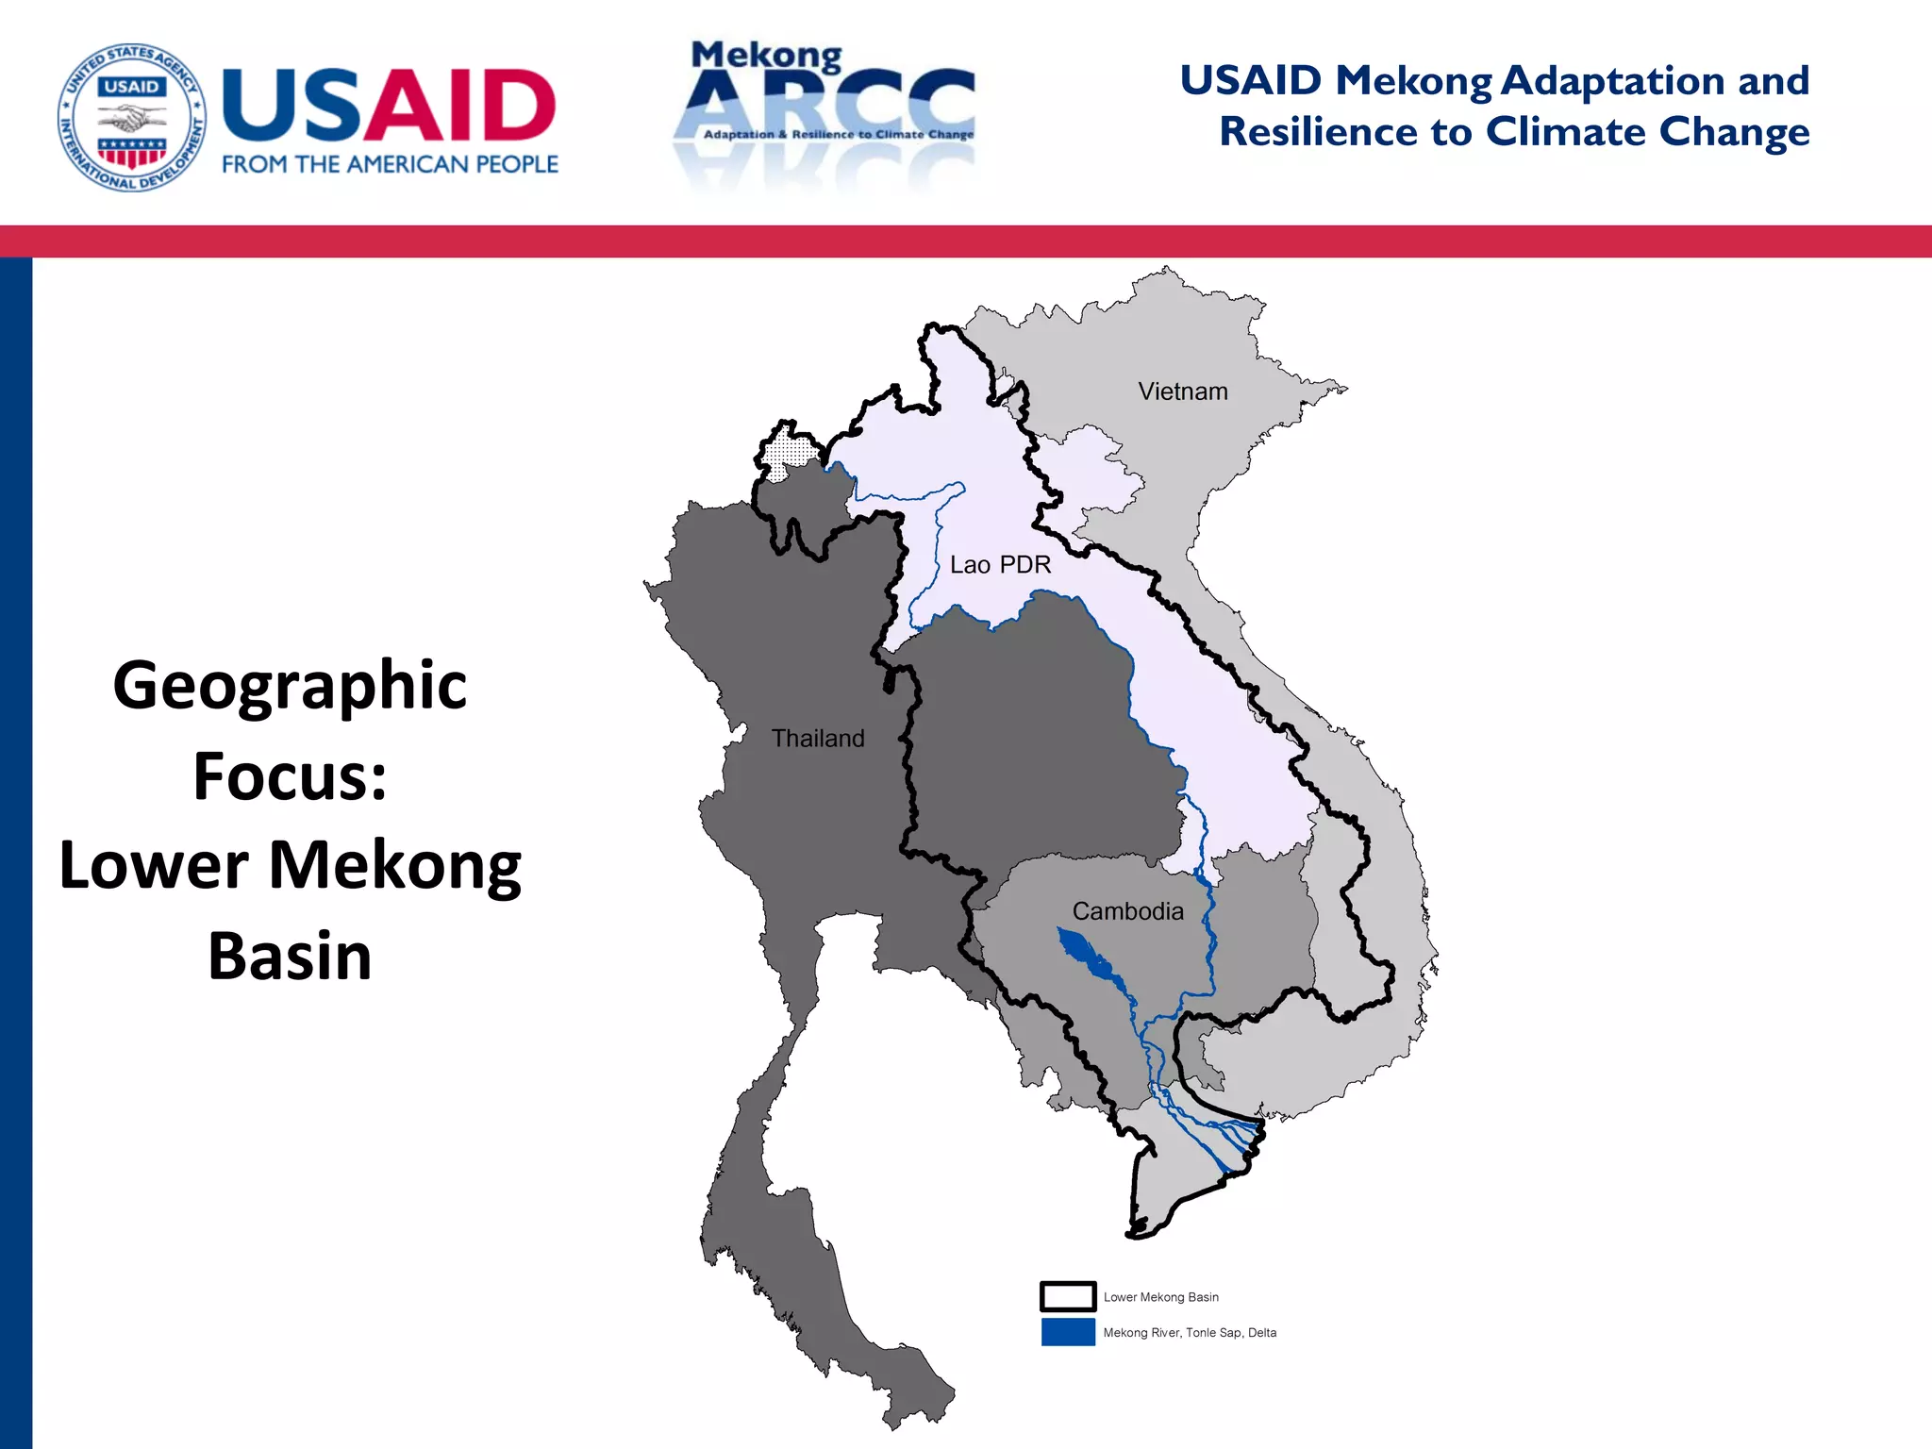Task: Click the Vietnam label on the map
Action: (x=1182, y=391)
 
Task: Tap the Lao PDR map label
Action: (x=1000, y=565)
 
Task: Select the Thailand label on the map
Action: (x=818, y=738)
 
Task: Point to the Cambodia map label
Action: (x=1127, y=911)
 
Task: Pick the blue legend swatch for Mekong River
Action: (x=1068, y=1332)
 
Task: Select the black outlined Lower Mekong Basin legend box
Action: (x=1068, y=1296)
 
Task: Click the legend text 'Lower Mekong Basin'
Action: (x=1160, y=1297)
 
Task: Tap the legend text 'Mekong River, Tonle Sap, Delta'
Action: (x=1189, y=1333)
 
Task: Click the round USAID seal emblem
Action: (x=132, y=117)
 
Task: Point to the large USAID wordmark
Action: (x=389, y=106)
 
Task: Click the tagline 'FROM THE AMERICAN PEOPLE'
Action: (x=390, y=164)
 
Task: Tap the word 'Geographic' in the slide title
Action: (x=290, y=685)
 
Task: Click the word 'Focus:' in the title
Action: (x=290, y=775)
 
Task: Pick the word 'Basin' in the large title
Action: (x=290, y=956)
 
